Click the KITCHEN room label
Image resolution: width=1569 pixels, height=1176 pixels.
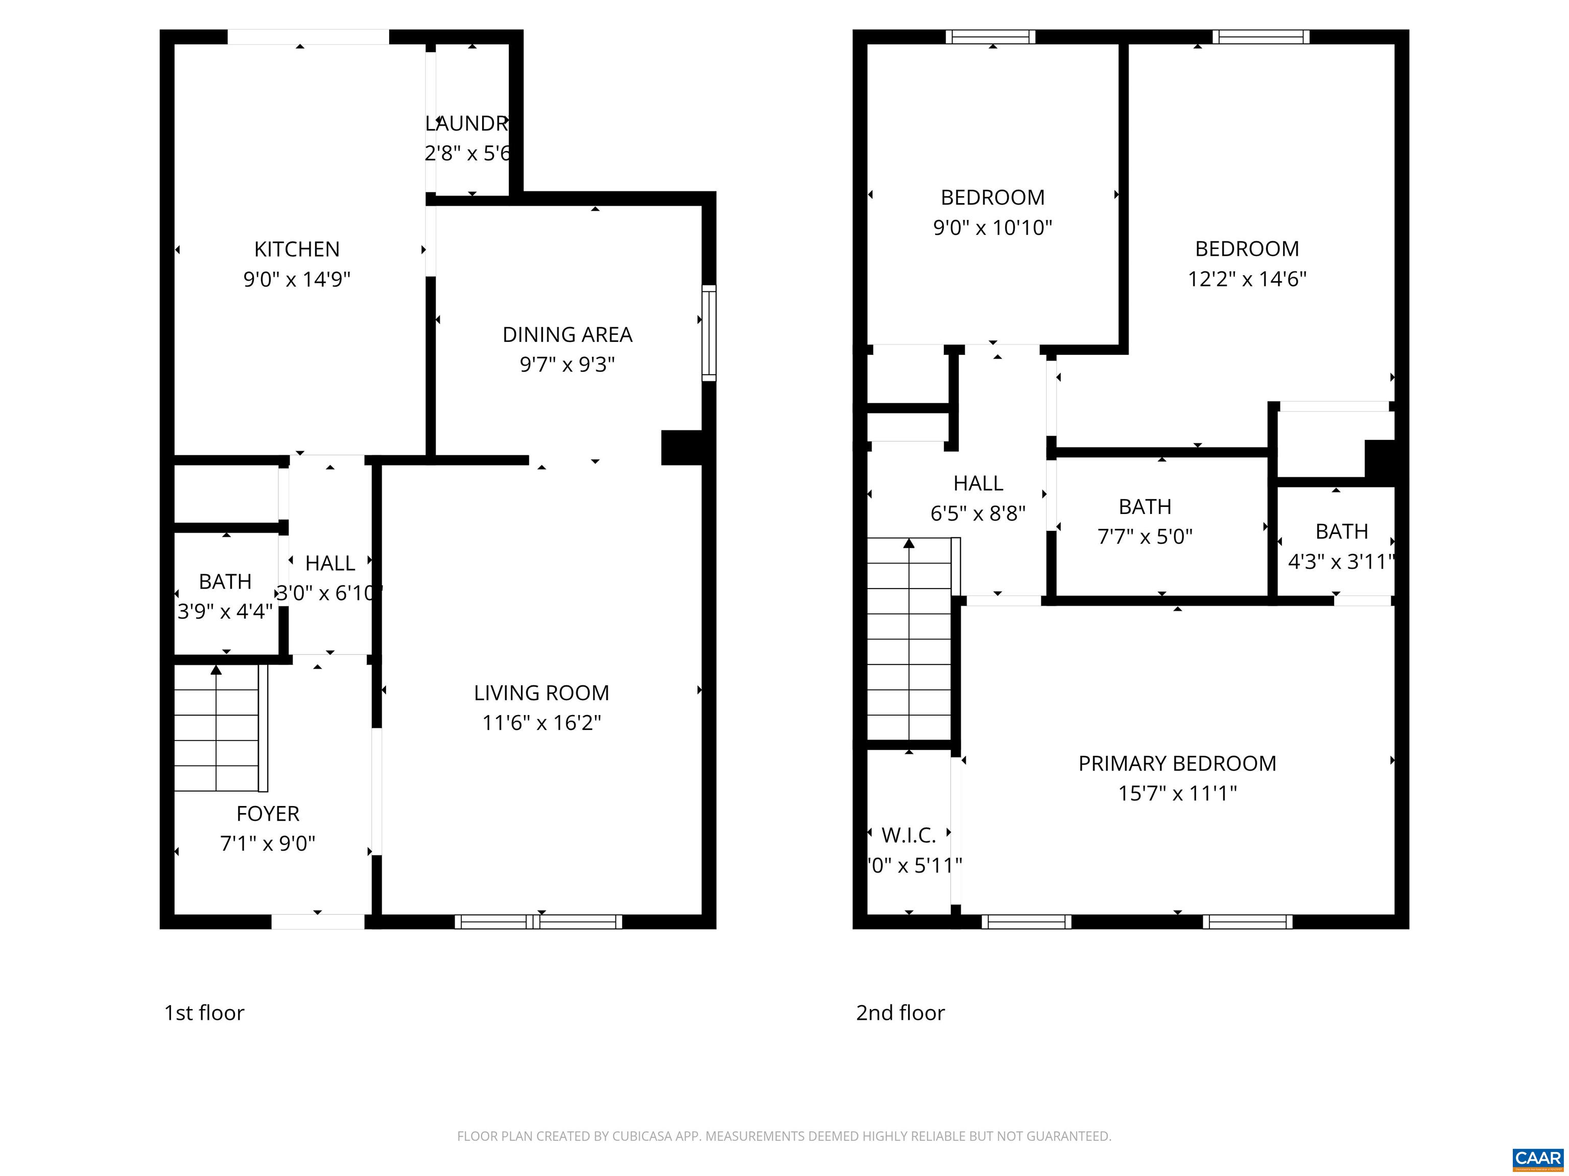click(x=297, y=250)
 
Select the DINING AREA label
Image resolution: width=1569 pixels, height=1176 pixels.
click(x=567, y=335)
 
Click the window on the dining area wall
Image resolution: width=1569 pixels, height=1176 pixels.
click(x=708, y=333)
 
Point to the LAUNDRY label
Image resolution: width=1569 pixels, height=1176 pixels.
click(x=467, y=124)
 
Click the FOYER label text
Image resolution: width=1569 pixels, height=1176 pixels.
click(x=268, y=814)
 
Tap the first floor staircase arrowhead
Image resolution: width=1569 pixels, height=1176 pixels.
click(x=217, y=670)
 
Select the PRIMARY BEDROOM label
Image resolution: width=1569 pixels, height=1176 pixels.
click(x=1177, y=764)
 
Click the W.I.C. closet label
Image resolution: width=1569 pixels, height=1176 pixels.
click(x=909, y=836)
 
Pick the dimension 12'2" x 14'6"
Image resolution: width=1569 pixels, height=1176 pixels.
click(x=1247, y=279)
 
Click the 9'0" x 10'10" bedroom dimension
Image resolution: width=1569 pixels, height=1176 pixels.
click(x=992, y=228)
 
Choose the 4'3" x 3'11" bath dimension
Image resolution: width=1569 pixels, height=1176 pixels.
click(x=1341, y=562)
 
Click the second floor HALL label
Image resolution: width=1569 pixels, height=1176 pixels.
click(x=978, y=483)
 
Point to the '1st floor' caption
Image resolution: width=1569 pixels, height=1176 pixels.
click(x=204, y=1013)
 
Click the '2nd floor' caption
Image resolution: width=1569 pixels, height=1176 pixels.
click(x=900, y=1013)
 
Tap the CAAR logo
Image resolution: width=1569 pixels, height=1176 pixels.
click(x=1537, y=1158)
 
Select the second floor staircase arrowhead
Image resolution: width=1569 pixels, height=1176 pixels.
click(x=909, y=544)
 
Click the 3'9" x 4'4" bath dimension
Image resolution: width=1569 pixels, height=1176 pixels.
click(x=225, y=611)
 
